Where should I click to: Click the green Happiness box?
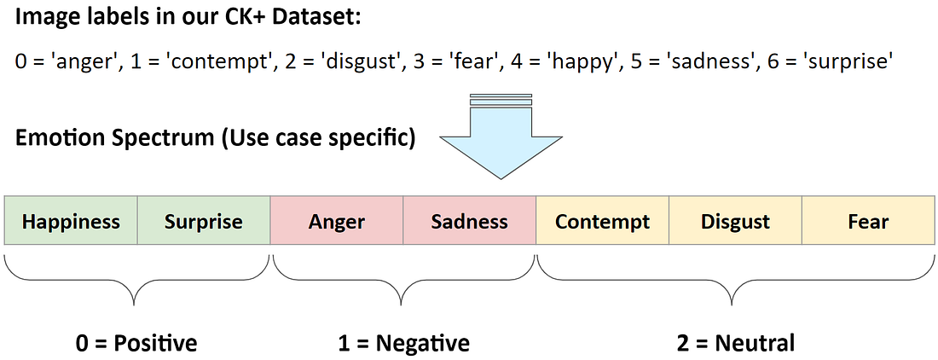pyautogui.click(x=71, y=222)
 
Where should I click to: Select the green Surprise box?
pyautogui.click(x=204, y=222)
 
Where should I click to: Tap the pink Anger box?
pyautogui.click(x=337, y=222)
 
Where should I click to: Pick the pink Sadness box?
pyautogui.click(x=469, y=222)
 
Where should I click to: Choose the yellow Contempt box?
pyautogui.click(x=602, y=222)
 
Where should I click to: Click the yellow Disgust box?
pyautogui.click(x=735, y=222)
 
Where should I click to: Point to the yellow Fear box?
pyautogui.click(x=868, y=222)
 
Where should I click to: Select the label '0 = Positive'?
pyautogui.click(x=136, y=343)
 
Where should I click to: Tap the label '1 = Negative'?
pyautogui.click(x=403, y=343)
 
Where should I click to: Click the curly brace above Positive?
pyautogui.click(x=136, y=277)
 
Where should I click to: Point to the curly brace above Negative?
pyautogui.click(x=403, y=277)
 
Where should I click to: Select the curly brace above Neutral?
pyautogui.click(x=734, y=277)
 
